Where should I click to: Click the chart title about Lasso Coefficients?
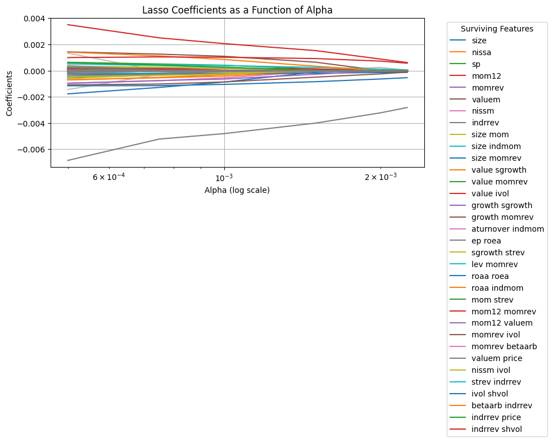(237, 10)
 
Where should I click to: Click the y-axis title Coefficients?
(10, 93)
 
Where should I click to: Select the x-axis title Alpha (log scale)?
(237, 190)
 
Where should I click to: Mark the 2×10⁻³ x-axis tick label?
(380, 177)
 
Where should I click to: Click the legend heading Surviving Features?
(496, 29)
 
